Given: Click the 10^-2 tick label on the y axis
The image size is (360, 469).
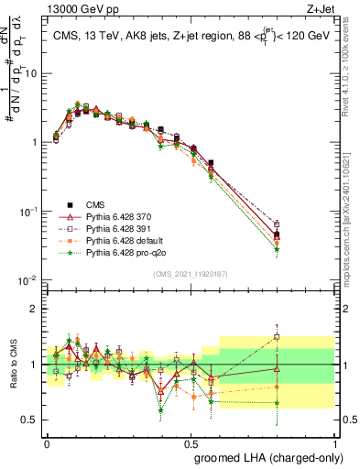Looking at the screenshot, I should tap(27, 279).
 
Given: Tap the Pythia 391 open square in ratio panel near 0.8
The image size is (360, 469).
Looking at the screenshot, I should tap(277, 337).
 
